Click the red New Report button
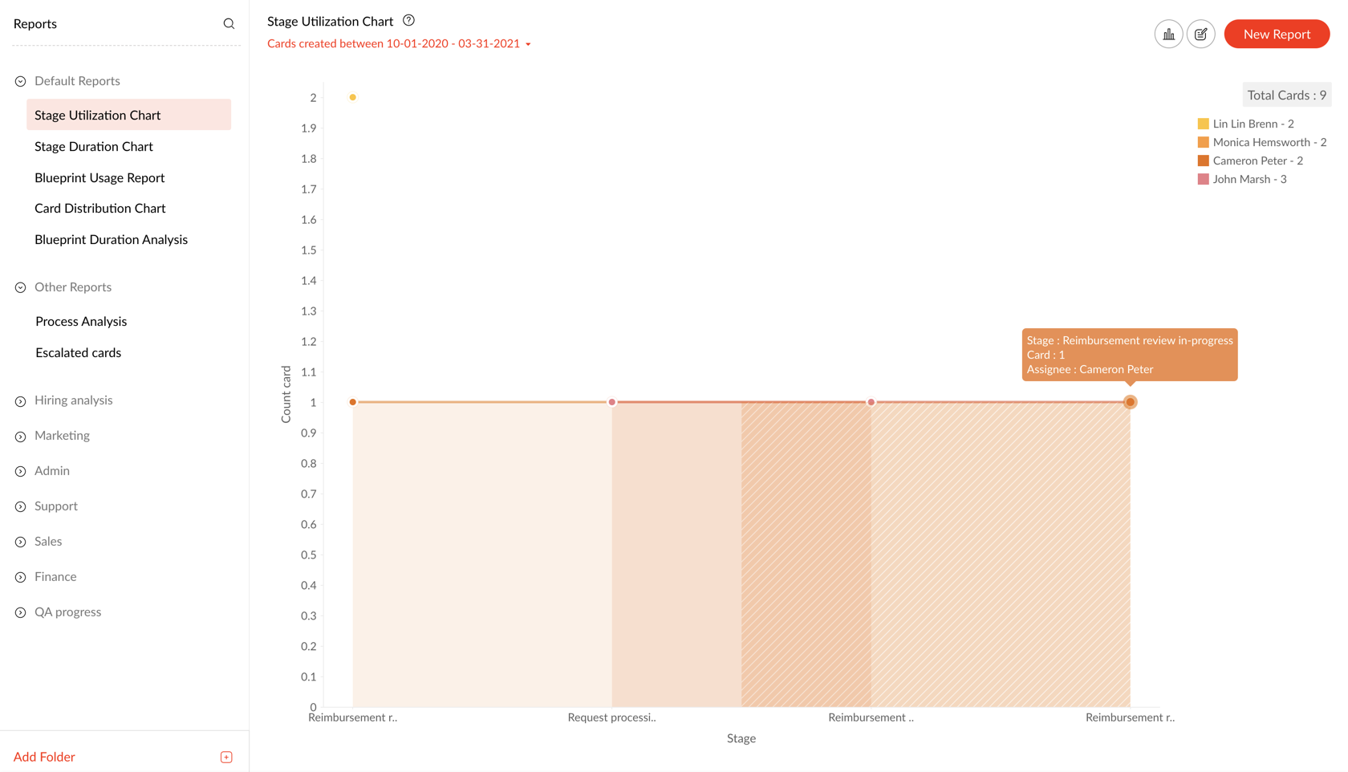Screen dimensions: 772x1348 1276,35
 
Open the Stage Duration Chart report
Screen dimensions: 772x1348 94,147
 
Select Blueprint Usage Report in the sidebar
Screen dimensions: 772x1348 99,178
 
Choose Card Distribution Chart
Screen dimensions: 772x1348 100,209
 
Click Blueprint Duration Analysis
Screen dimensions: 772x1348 111,240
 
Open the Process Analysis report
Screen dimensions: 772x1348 81,322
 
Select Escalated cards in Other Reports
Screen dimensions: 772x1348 79,353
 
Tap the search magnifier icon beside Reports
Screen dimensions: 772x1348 229,24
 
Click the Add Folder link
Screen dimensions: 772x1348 44,757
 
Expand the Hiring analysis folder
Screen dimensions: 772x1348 73,400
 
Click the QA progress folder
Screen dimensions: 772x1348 67,612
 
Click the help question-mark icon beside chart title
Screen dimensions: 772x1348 408,21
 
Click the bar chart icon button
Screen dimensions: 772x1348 1168,35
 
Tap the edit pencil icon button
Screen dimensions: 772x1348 1200,35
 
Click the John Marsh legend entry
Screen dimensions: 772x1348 1249,180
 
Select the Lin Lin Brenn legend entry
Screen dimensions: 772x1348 1253,124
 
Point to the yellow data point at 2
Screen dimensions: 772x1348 353,98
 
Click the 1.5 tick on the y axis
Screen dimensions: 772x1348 309,250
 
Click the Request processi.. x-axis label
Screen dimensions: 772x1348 611,717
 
